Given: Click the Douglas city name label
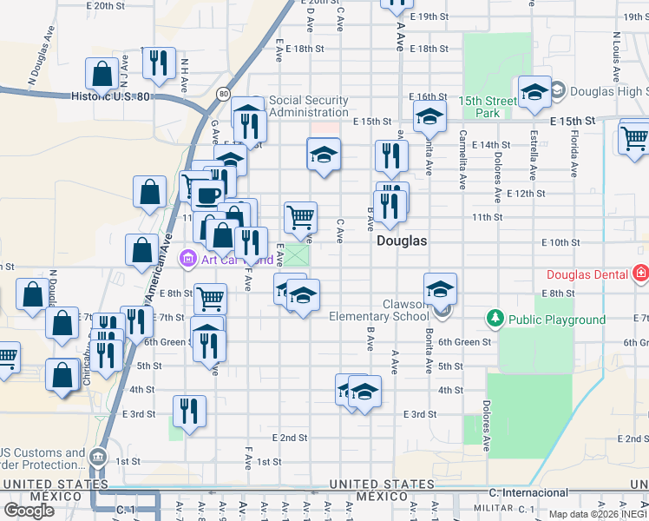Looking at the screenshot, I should coord(402,241).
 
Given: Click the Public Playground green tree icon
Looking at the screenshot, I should coord(495,319).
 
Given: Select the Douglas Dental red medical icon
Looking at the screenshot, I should coord(641,274).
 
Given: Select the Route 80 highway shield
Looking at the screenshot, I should coord(224,93).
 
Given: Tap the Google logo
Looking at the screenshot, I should coord(30,510).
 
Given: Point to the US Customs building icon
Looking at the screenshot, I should coord(96,457).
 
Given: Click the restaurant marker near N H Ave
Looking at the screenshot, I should coord(159,63).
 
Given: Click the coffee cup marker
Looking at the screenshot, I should coord(207,195).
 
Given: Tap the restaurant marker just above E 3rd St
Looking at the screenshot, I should coord(189,411).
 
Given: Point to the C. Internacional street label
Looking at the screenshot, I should coord(528,492).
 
